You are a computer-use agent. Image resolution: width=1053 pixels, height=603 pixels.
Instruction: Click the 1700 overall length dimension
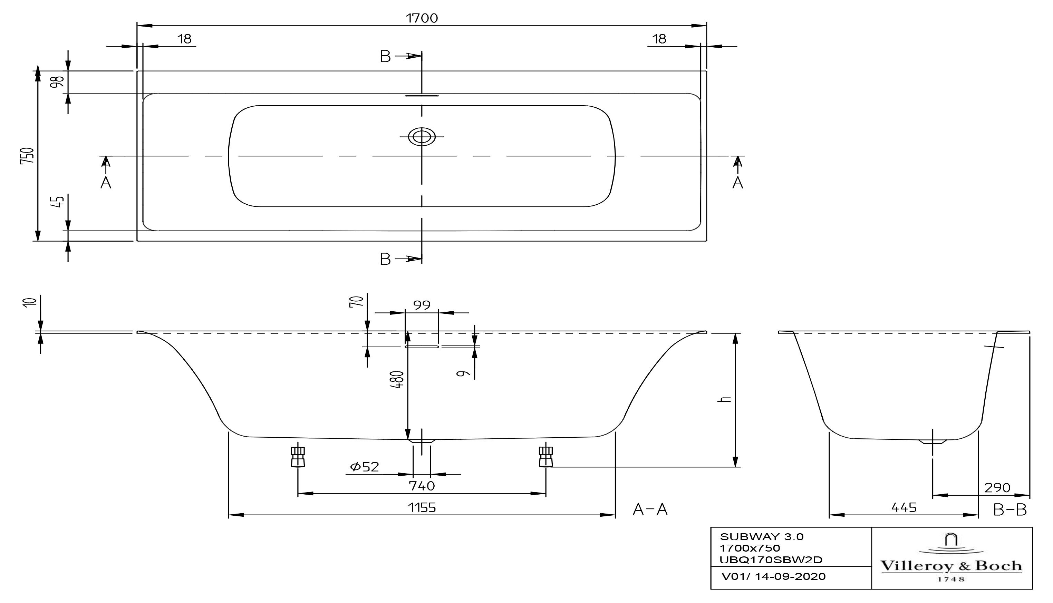click(x=422, y=18)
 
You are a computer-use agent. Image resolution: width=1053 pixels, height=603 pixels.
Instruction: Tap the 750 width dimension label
click(x=27, y=156)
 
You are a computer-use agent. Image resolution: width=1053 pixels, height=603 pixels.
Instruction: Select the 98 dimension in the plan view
click(x=57, y=81)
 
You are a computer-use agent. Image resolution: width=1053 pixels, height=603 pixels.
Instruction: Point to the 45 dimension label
click(x=59, y=202)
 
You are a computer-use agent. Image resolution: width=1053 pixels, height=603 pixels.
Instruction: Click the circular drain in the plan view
click(x=422, y=136)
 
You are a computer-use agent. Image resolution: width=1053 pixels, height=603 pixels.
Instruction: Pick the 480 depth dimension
click(x=397, y=379)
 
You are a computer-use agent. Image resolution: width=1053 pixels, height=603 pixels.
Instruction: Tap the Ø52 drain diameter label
click(x=365, y=467)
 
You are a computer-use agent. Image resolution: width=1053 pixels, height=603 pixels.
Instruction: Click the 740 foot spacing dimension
click(x=422, y=485)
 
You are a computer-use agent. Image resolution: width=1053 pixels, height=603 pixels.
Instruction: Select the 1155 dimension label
click(x=422, y=507)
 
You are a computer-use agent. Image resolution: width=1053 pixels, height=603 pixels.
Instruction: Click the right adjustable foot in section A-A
click(x=545, y=456)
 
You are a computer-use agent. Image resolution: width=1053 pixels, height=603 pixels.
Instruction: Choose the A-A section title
click(x=650, y=509)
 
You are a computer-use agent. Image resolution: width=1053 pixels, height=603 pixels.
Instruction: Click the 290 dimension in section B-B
click(x=997, y=487)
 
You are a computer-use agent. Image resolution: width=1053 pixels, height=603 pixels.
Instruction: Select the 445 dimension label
click(x=904, y=507)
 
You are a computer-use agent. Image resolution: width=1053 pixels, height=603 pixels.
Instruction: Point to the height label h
click(x=725, y=400)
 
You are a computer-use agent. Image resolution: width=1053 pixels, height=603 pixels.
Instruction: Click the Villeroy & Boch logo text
click(x=951, y=566)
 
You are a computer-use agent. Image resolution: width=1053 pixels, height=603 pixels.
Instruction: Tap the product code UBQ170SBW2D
click(x=771, y=560)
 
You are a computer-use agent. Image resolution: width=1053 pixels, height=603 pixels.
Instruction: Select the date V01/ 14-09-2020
click(x=773, y=576)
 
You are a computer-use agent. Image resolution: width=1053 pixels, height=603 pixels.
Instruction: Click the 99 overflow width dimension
click(x=422, y=305)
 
